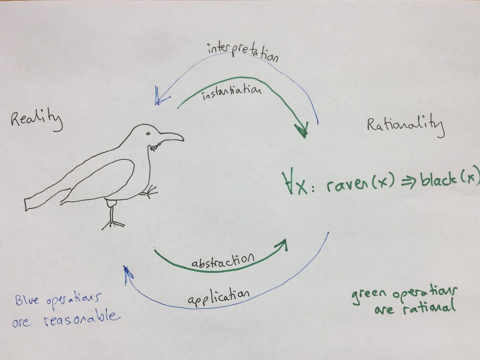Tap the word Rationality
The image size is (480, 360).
click(405, 127)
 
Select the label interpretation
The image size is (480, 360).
click(242, 52)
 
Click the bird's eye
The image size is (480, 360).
click(148, 133)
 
